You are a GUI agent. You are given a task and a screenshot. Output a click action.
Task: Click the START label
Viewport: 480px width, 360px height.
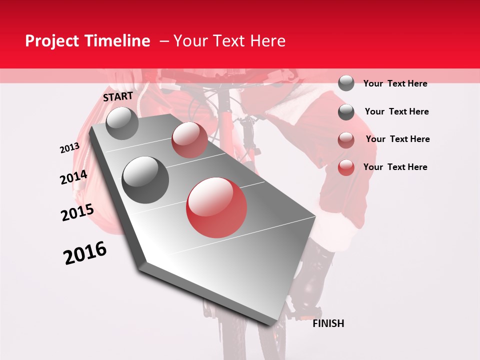pyautogui.click(x=118, y=96)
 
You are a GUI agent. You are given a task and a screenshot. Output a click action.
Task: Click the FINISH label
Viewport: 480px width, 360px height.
pyautogui.click(x=328, y=323)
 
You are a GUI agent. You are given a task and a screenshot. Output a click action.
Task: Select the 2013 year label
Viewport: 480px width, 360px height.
pyautogui.click(x=70, y=148)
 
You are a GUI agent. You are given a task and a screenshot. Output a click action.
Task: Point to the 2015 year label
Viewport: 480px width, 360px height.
pyautogui.click(x=77, y=212)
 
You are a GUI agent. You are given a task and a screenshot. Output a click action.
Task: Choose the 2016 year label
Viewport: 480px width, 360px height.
pyautogui.click(x=85, y=253)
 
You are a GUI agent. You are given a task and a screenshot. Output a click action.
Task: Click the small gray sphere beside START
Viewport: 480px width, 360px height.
pyautogui.click(x=122, y=123)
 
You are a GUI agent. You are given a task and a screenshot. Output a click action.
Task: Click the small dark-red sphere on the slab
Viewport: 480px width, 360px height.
pyautogui.click(x=189, y=140)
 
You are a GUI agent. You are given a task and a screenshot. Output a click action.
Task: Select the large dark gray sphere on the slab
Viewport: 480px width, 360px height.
pyautogui.click(x=145, y=179)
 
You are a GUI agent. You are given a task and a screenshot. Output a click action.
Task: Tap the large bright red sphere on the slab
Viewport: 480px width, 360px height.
pyautogui.click(x=216, y=207)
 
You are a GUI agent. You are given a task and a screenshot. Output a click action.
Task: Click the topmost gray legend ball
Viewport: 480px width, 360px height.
pyautogui.click(x=346, y=83)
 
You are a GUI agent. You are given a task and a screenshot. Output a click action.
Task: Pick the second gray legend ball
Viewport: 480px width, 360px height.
pyautogui.click(x=346, y=112)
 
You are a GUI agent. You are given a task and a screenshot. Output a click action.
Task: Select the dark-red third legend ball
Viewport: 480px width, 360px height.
pyautogui.click(x=346, y=140)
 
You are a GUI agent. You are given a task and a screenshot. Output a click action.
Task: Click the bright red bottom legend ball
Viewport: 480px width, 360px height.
pyautogui.click(x=346, y=167)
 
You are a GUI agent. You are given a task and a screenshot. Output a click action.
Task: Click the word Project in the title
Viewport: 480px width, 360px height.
pyautogui.click(x=51, y=41)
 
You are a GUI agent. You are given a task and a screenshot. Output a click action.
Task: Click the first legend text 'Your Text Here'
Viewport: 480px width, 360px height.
pyautogui.click(x=395, y=83)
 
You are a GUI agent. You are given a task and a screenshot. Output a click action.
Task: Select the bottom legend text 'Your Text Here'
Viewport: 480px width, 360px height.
pyautogui.click(x=395, y=167)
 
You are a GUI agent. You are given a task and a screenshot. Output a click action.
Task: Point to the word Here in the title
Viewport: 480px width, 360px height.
pyautogui.click(x=267, y=41)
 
